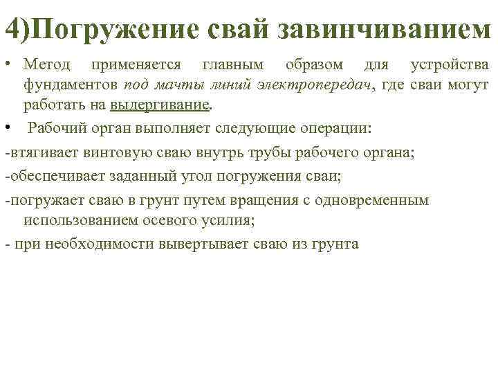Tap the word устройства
point(450,65)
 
